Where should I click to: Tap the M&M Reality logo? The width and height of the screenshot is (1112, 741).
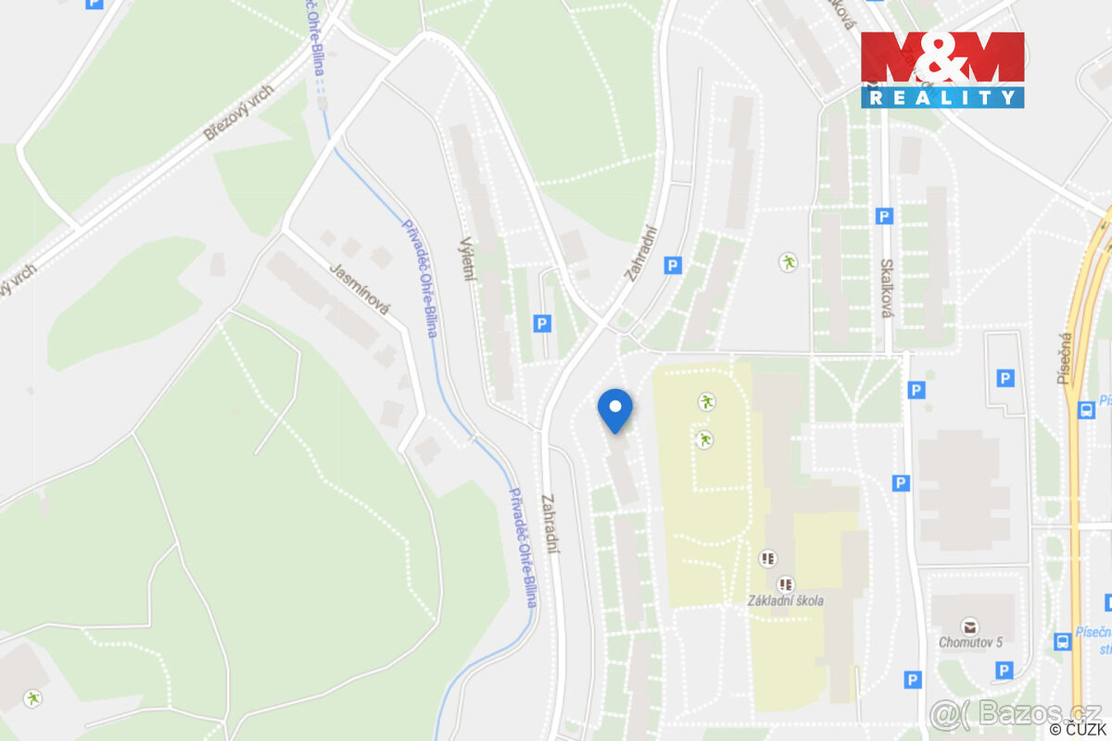coord(942,69)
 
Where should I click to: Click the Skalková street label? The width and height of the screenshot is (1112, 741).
coord(886,288)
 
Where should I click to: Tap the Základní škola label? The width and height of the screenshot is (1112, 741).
coord(786,600)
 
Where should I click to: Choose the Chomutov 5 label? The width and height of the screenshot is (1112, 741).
coord(970,642)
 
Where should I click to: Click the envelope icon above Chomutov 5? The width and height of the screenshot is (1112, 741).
coord(970,625)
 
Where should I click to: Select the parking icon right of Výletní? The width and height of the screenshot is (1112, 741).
coord(542,323)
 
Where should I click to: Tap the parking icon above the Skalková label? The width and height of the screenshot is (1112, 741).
coord(884,217)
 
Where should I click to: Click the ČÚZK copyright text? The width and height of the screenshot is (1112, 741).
coord(1080,730)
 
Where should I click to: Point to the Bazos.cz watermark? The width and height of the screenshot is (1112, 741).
coord(1017,712)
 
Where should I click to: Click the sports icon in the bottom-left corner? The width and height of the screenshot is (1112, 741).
coord(34,697)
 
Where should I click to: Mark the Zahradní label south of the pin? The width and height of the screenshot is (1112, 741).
coord(552,523)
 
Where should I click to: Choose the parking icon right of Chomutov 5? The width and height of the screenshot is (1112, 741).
coord(1003,670)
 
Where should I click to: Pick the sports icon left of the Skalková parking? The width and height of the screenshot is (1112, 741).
coord(788,262)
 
